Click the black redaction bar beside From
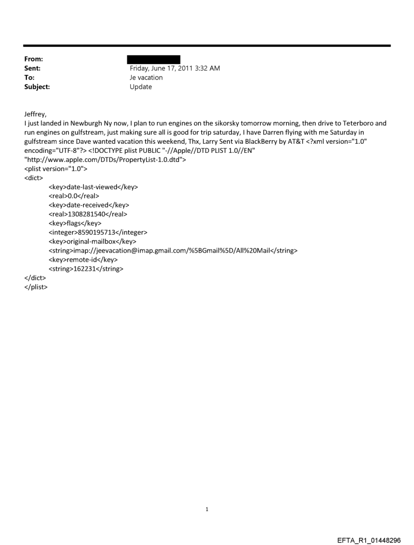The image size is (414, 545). point(153,59)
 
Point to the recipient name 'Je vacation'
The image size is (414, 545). point(146,78)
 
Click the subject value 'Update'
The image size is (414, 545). point(141,87)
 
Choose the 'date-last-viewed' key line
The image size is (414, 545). point(93,187)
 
